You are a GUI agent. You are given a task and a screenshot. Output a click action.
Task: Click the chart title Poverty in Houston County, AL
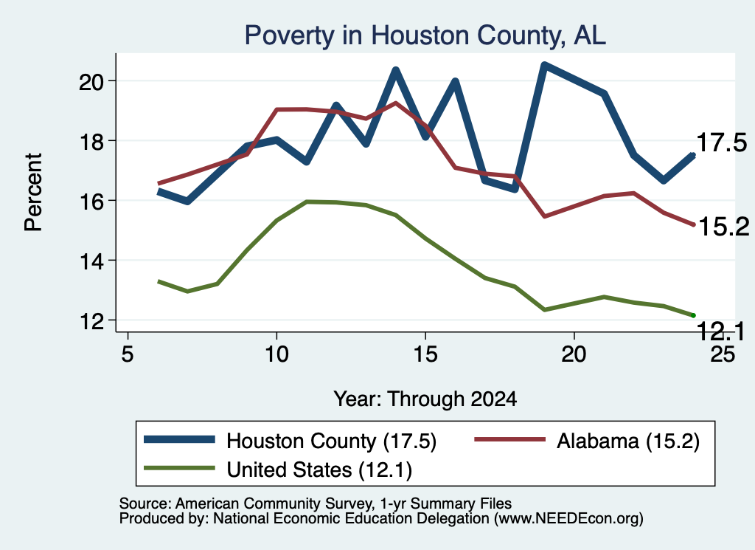tap(425, 35)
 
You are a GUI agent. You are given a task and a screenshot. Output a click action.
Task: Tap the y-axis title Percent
tap(34, 193)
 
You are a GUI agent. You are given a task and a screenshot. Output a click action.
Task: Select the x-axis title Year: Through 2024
tap(425, 399)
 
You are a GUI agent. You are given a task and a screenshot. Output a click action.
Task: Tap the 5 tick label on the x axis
tap(127, 354)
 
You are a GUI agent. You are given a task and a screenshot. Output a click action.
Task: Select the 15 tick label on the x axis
tap(425, 354)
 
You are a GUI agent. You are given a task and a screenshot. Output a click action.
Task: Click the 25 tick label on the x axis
tap(723, 354)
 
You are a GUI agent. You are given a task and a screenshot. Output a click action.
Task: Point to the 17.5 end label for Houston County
tap(721, 143)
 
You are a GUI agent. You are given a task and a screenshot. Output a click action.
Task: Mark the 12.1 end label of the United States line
tap(720, 331)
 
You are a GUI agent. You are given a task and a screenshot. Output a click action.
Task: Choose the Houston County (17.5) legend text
tap(331, 441)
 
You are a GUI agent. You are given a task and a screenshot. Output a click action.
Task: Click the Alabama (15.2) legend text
tap(628, 441)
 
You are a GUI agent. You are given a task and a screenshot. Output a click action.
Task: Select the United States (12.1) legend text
tap(319, 470)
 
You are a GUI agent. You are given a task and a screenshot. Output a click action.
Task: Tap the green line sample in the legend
tap(179, 468)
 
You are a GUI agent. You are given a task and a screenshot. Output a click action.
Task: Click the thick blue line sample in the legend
tap(179, 439)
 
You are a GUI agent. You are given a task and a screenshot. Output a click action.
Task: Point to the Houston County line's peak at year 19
tap(544, 66)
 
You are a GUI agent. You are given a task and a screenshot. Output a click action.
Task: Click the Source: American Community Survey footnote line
tap(316, 503)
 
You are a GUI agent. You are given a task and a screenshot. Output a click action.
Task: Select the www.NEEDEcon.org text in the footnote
tap(568, 519)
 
